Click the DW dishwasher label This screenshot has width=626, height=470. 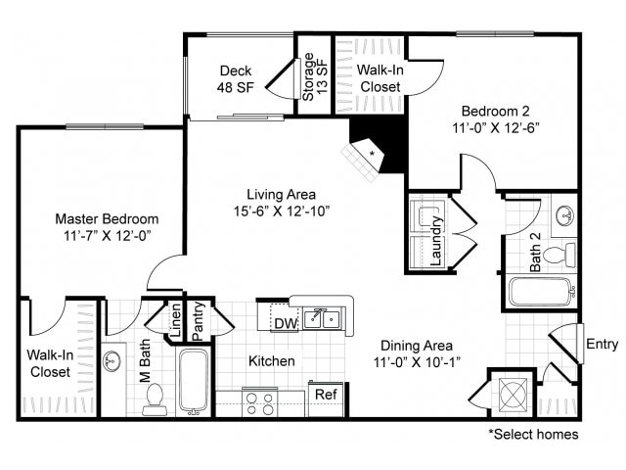point(286,323)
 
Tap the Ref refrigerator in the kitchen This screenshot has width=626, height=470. point(326,399)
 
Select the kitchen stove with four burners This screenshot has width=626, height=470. point(259,402)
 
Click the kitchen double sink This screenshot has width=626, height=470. point(322,318)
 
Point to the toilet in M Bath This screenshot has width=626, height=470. point(155,399)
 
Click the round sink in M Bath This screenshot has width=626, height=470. point(112,361)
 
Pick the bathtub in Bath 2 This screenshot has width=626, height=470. point(541,292)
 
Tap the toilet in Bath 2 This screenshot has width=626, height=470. point(559,255)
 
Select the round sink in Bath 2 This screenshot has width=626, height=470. point(564,215)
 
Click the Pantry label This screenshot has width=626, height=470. point(198,321)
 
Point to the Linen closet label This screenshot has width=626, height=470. point(176,320)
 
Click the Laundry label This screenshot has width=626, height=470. point(436,241)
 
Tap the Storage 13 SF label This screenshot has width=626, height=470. point(315,76)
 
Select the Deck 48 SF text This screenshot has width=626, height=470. point(236,78)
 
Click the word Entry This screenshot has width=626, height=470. point(603,344)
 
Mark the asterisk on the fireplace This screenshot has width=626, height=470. point(372,153)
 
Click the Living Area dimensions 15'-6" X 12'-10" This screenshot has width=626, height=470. point(282,211)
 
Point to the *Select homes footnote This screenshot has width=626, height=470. point(533,434)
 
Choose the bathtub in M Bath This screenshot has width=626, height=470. point(194,382)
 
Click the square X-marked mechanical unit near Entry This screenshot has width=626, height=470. point(513,396)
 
